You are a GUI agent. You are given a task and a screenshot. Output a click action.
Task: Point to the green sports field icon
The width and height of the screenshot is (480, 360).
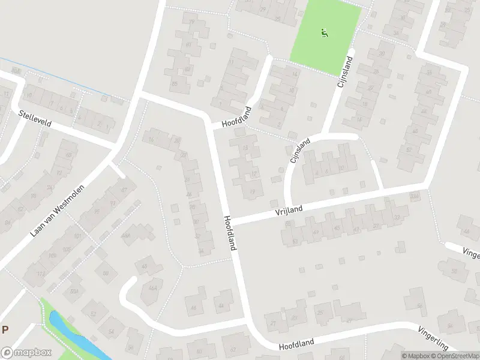coord(325,33)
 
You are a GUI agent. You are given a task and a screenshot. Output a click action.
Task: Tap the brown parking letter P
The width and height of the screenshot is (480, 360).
coord(5,329)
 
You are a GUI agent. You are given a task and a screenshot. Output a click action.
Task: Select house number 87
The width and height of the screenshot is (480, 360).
coord(124,190)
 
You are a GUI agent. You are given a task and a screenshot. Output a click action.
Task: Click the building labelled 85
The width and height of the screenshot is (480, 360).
coord(175,83)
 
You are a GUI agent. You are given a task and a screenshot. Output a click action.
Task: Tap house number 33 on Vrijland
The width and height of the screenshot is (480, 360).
coord(397,217)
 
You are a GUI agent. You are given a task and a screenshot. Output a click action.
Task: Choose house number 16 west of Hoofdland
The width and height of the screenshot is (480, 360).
coord(151,140)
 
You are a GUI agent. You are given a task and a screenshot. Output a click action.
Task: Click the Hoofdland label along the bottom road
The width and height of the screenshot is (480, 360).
coord(296,345)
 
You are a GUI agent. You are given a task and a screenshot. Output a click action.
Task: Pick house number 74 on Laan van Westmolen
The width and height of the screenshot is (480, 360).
coord(33,187)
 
